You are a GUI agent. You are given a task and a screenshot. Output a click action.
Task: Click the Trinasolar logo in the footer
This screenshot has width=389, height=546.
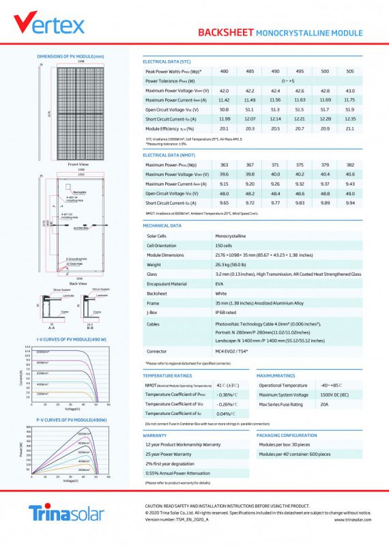pyautogui.click(x=66, y=513)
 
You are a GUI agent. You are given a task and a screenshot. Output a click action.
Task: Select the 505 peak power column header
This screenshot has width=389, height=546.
pyautogui.click(x=349, y=71)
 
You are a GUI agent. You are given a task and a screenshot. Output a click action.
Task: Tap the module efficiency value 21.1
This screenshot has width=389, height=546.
pyautogui.click(x=349, y=128)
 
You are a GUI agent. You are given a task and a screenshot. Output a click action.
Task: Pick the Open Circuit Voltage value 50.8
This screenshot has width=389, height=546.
pyautogui.click(x=224, y=109)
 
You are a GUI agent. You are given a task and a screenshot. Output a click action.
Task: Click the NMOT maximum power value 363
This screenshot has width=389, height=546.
pyautogui.click(x=224, y=165)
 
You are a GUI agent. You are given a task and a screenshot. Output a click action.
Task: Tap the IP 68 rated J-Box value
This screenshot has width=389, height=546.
pyautogui.click(x=228, y=313)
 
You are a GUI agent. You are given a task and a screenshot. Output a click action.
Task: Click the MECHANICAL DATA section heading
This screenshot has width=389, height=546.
pyautogui.click(x=162, y=225)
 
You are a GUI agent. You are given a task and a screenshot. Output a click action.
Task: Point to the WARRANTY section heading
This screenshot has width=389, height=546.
pyautogui.click(x=155, y=435)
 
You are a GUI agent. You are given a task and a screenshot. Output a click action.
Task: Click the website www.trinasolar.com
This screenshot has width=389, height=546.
pyautogui.click(x=353, y=519)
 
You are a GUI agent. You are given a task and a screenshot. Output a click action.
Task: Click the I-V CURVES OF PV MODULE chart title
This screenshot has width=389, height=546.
pyautogui.click(x=71, y=339)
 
